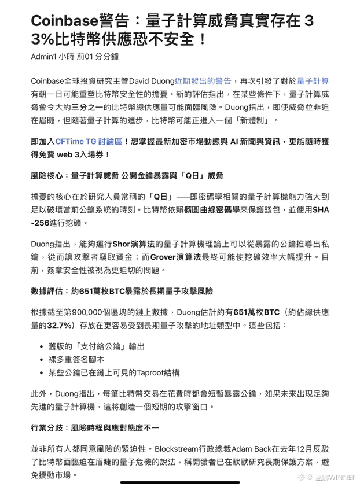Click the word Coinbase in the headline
click(64, 21)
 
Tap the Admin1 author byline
click(43, 56)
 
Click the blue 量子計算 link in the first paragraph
click(313, 81)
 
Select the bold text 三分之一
click(90, 107)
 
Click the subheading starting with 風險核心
click(127, 175)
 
